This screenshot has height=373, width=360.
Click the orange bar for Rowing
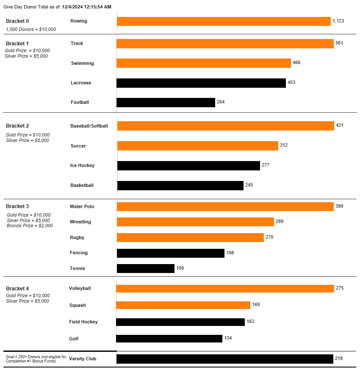tap(224, 21)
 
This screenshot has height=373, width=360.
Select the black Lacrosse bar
tap(201, 83)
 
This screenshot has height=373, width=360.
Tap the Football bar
tap(166, 103)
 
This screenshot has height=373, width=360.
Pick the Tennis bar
tap(146, 268)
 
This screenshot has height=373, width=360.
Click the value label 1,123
tap(338, 21)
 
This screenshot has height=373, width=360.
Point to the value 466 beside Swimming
tap(296, 63)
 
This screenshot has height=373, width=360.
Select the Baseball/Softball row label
tap(89, 126)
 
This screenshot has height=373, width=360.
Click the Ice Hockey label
tap(82, 165)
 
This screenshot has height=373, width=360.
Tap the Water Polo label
tap(82, 206)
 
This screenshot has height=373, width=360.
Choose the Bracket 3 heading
tap(17, 206)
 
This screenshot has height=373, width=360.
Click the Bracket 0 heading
tap(17, 21)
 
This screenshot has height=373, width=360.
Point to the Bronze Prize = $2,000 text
tap(30, 226)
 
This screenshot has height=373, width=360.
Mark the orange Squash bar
tap(183, 305)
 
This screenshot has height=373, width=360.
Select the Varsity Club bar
tap(225, 359)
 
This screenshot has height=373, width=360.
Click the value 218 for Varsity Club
tap(338, 359)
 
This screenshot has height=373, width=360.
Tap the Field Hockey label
tap(83, 322)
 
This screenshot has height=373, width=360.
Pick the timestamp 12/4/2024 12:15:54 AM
tap(87, 7)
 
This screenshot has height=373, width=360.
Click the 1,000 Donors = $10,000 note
tap(31, 30)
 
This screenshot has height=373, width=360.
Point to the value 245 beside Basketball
tap(249, 185)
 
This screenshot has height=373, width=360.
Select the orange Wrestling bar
tap(195, 222)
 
